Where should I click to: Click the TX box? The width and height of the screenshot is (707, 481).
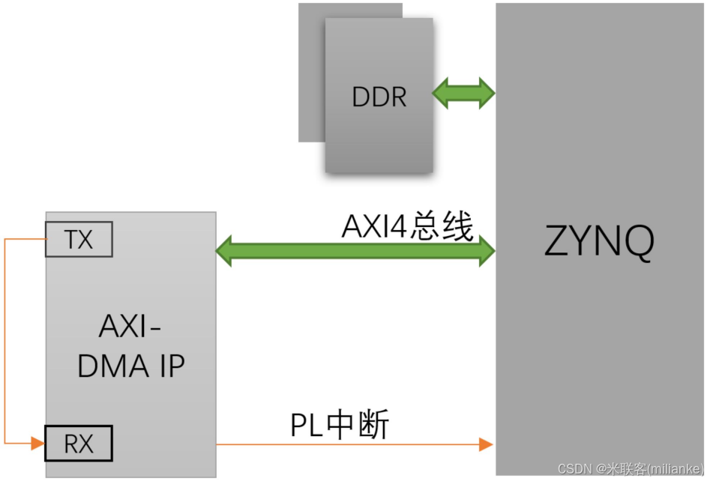pos(78,240)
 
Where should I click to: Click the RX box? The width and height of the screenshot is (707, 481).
pos(78,444)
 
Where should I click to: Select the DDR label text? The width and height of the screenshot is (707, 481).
pos(379,97)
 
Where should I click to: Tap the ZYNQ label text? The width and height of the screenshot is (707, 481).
pos(599,241)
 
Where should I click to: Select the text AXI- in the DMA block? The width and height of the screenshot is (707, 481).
pos(130,328)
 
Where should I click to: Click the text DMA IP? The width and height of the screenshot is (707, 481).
pos(130,366)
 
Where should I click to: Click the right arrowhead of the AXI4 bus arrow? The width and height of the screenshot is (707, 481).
pos(487,250)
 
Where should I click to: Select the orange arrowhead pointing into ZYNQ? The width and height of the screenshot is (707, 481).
pos(486,444)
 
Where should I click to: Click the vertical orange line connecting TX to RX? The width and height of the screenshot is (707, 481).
pos(5,341)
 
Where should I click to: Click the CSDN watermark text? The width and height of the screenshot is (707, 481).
pos(575,469)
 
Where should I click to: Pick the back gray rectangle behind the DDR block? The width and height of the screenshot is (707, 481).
pos(310,75)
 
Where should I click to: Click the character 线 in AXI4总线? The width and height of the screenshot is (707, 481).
pos(458,226)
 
